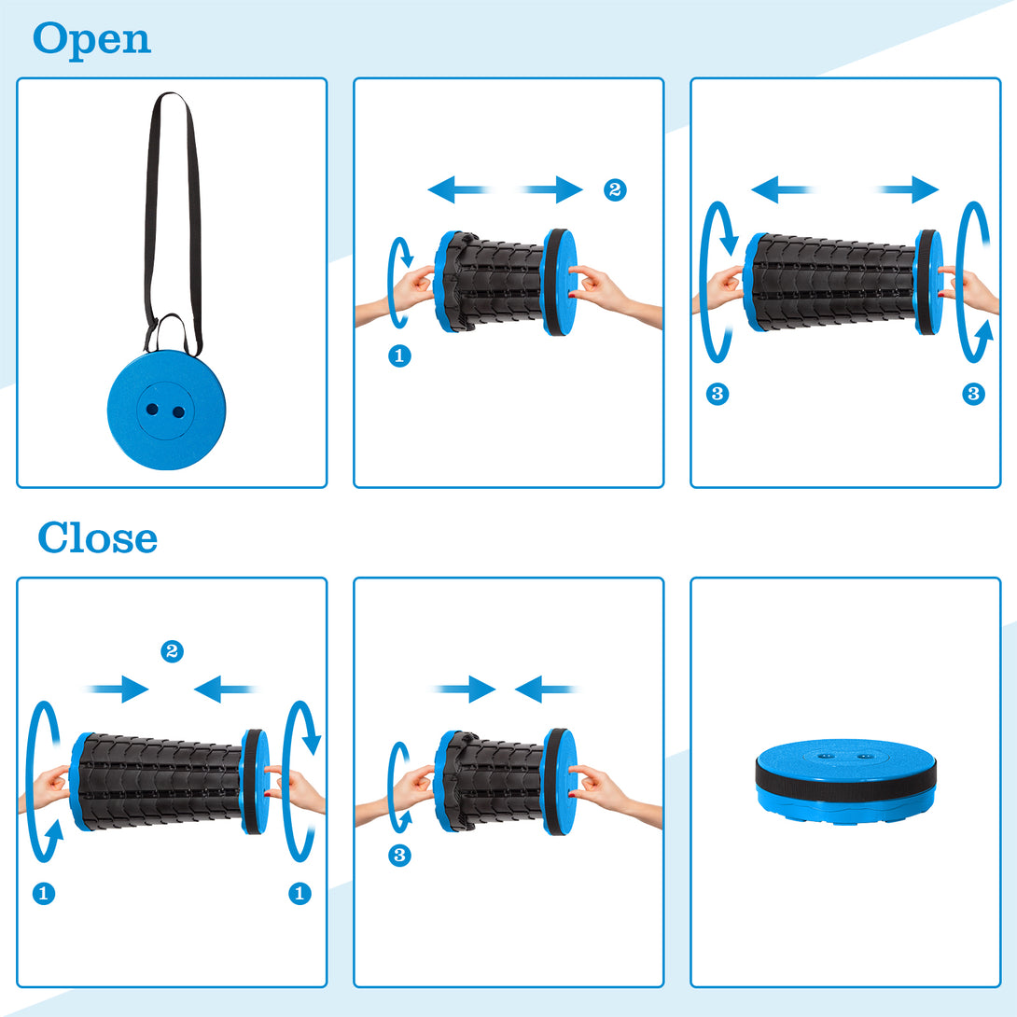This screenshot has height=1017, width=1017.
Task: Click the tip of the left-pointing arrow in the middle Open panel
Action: (428, 189)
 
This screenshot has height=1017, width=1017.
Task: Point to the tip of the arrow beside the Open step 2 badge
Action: (582, 189)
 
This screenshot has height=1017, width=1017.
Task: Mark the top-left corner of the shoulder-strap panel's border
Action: (18, 78)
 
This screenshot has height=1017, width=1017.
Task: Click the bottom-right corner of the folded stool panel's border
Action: (1000, 986)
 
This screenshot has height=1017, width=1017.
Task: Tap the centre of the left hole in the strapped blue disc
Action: (152, 410)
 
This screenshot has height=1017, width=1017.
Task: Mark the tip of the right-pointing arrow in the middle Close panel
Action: (495, 689)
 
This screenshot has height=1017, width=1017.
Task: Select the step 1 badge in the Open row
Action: (399, 355)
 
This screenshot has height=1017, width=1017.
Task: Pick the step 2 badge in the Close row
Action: (172, 651)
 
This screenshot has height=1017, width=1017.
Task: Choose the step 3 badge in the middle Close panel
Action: (399, 856)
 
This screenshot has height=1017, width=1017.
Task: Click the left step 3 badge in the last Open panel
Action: (717, 394)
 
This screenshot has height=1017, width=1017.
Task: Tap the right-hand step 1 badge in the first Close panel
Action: (300, 894)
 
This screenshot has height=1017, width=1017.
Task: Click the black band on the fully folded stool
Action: (845, 774)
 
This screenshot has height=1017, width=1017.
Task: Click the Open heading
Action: (91, 40)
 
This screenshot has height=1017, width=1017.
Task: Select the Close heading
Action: (97, 537)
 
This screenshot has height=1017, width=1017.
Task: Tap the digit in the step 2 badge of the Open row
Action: (615, 190)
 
